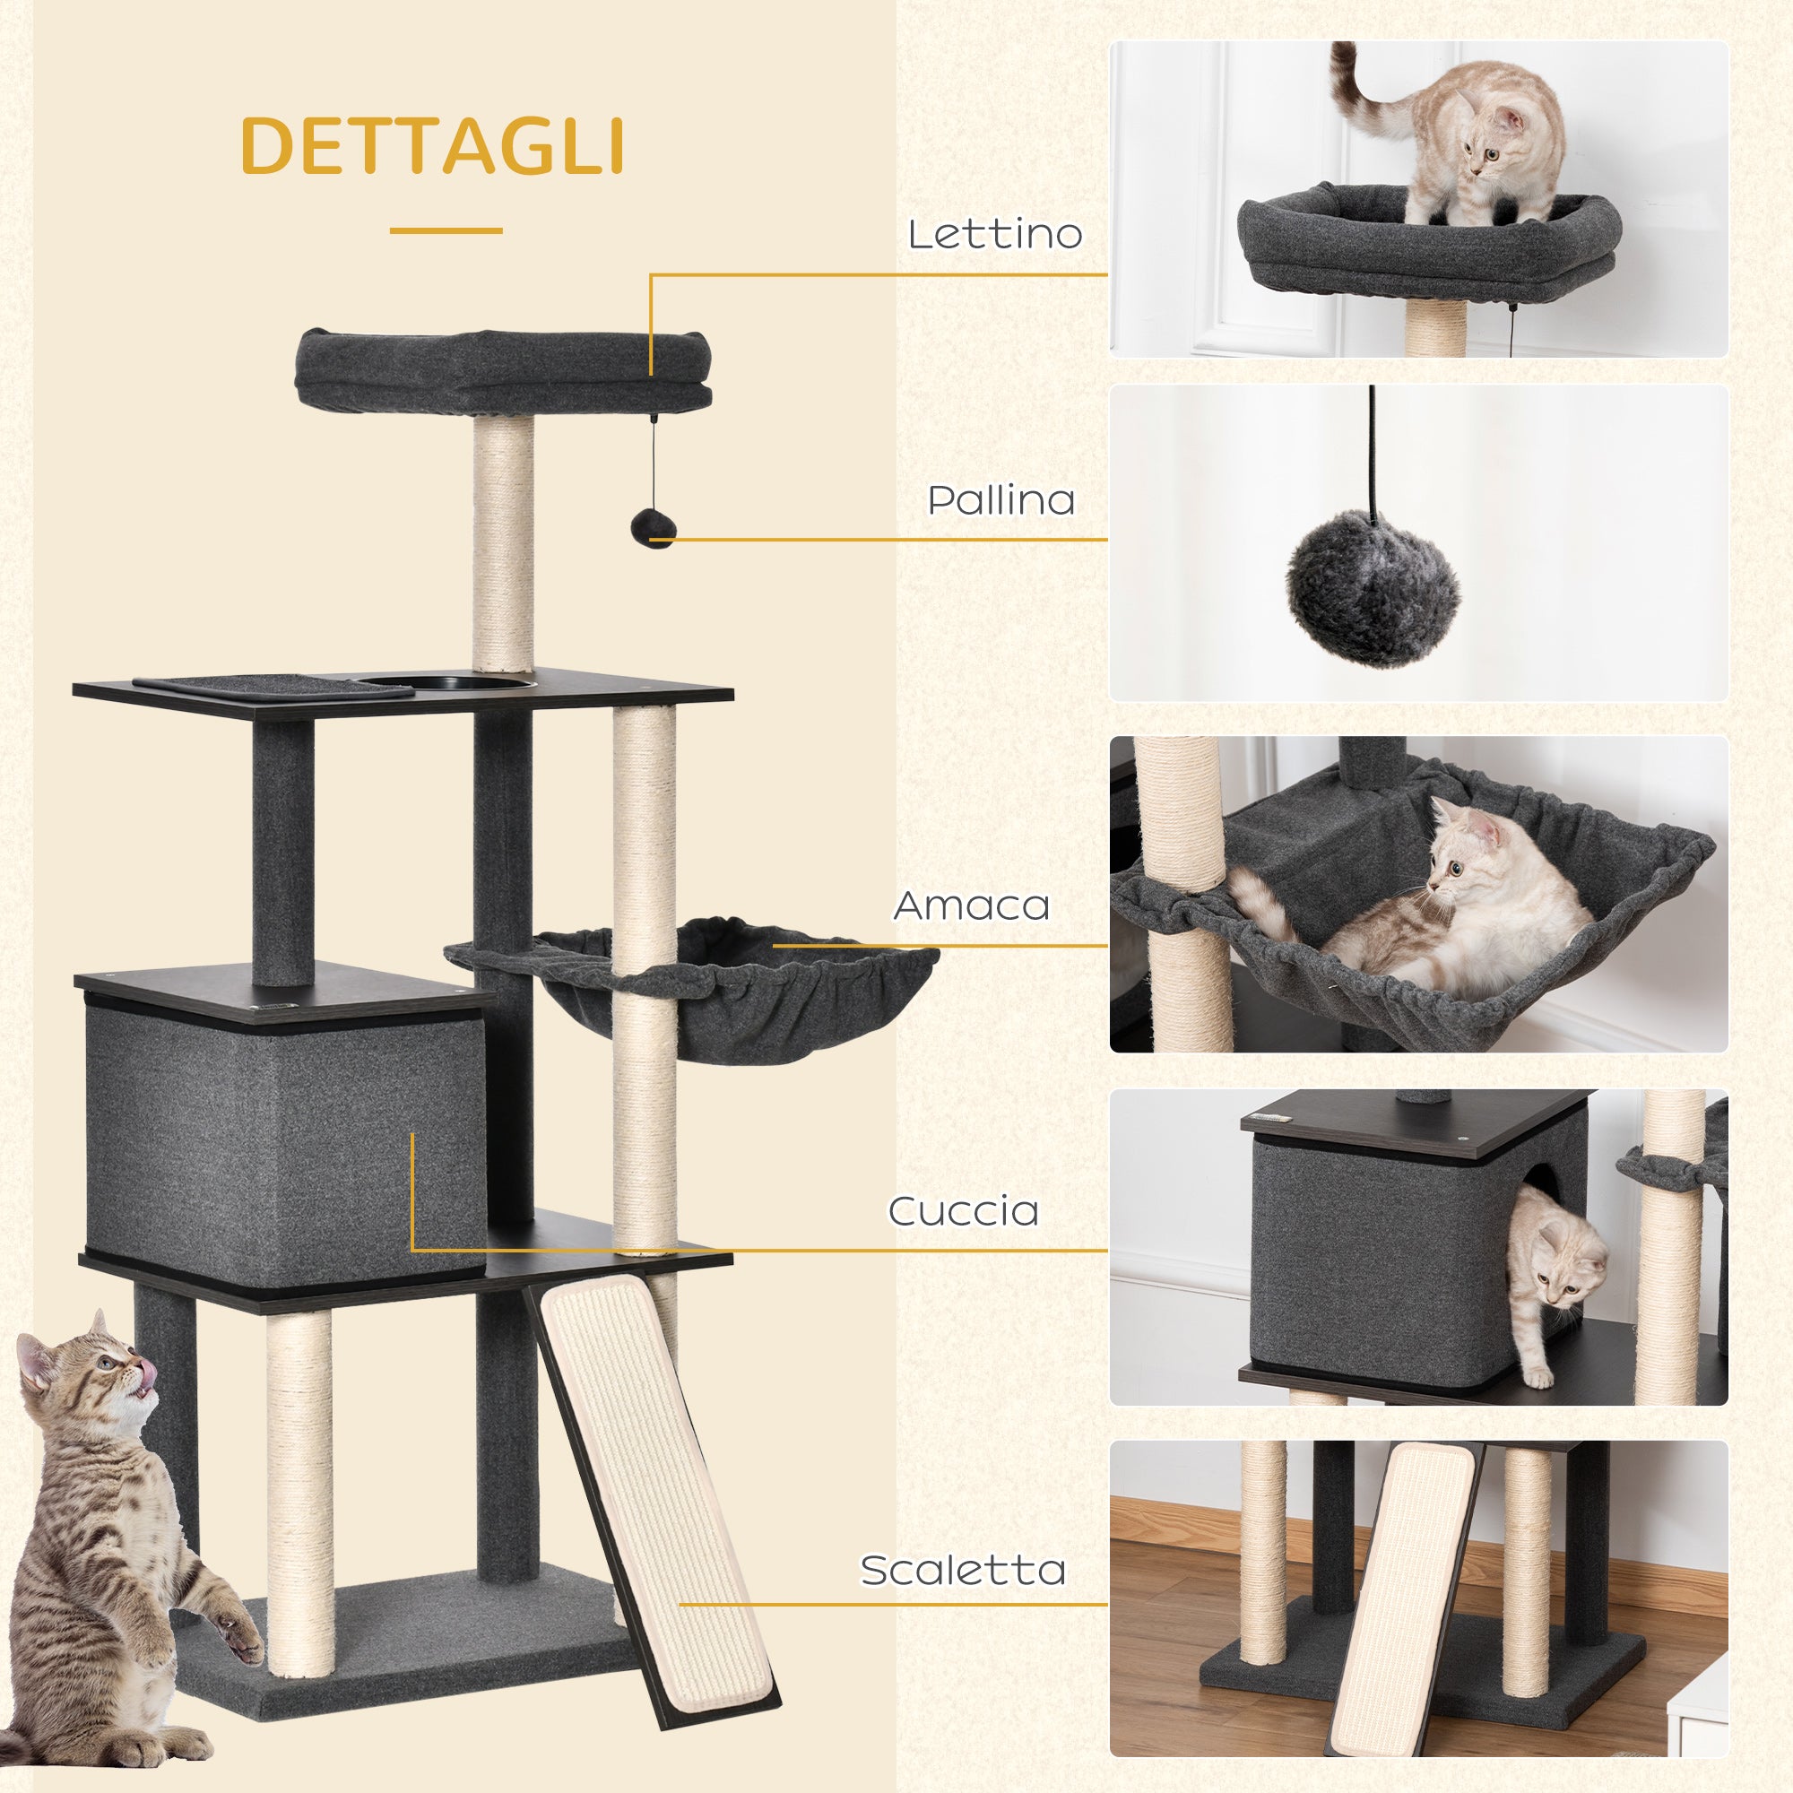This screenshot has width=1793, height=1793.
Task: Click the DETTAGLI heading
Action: (x=431, y=146)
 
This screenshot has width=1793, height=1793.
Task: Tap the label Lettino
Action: (x=995, y=234)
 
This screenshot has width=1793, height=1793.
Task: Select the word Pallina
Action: (x=1001, y=500)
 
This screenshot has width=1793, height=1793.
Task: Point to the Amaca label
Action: (x=972, y=905)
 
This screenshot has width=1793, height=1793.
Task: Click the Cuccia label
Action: (x=964, y=1211)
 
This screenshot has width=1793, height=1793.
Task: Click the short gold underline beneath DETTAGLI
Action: (x=446, y=230)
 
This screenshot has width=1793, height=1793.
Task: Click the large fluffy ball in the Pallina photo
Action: (x=1372, y=588)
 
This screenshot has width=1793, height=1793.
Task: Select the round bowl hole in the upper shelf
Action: (x=446, y=684)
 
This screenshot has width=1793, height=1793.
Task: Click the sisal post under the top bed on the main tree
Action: (x=503, y=543)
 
